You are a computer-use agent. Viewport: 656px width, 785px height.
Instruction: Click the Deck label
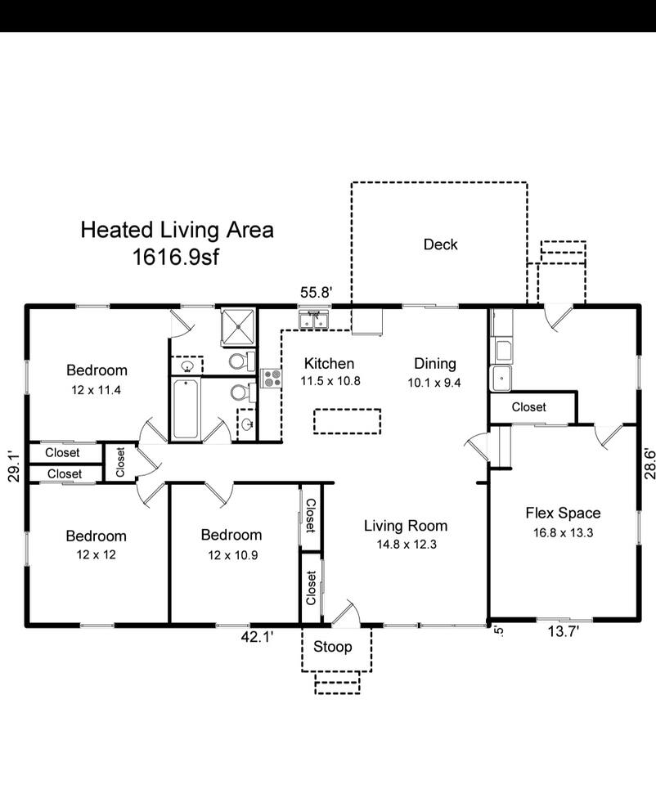[x=440, y=244]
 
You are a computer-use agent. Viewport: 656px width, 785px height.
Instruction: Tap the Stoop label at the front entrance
[x=333, y=647]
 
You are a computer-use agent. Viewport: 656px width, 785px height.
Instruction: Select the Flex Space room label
[x=563, y=514]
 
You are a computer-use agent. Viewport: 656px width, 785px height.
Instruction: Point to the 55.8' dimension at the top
[x=317, y=293]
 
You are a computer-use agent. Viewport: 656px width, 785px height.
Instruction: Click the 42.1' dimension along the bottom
[x=257, y=637]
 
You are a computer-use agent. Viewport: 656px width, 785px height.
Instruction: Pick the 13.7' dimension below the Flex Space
[x=564, y=632]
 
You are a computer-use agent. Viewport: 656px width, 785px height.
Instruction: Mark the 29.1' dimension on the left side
[x=15, y=466]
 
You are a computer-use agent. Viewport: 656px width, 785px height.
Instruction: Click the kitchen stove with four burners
[x=271, y=378]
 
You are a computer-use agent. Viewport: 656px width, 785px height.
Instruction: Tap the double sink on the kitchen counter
[x=313, y=320]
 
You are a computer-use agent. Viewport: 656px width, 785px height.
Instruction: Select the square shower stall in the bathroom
[x=238, y=327]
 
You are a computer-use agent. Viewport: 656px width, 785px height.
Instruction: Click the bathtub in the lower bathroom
[x=186, y=409]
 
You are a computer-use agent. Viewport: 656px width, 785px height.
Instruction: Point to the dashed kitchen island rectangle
[x=347, y=421]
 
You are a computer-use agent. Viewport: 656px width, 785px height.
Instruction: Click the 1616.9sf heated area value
[x=176, y=258]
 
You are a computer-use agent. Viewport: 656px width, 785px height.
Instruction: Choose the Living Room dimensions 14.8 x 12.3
[x=407, y=545]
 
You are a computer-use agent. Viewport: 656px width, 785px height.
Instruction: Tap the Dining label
[x=434, y=364]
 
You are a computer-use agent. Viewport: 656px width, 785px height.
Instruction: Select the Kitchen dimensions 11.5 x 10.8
[x=330, y=381]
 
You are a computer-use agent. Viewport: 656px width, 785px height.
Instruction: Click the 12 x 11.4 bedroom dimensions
[x=97, y=390]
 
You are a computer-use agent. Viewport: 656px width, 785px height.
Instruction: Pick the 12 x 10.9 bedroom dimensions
[x=233, y=555]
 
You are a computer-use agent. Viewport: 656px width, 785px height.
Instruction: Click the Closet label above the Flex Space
[x=528, y=407]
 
